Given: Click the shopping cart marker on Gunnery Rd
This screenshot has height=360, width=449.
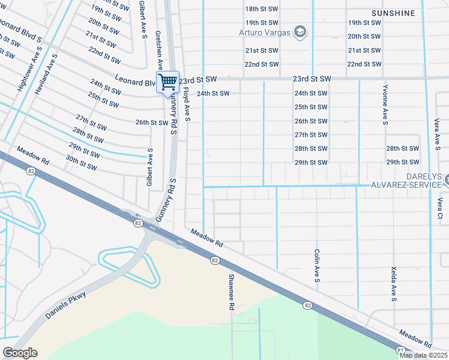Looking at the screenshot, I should coord(168,82).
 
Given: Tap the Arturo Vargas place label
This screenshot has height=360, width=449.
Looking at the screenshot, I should coord(265,32).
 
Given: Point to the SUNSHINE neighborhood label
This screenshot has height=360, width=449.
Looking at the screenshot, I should coord(393,13).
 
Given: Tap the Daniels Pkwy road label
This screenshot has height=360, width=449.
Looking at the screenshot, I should coord(65,305).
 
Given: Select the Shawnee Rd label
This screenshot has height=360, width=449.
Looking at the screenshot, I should coord(231,292).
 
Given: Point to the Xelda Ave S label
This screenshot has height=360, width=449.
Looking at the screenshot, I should coord(394,284).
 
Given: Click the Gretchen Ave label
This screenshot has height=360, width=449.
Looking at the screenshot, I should coord(159,52).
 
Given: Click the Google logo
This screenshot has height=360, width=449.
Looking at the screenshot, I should coord(20,353).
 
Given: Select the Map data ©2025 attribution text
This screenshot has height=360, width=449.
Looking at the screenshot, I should coord(423,355).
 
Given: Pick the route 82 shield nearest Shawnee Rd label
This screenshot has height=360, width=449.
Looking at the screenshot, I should coord(214,260).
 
